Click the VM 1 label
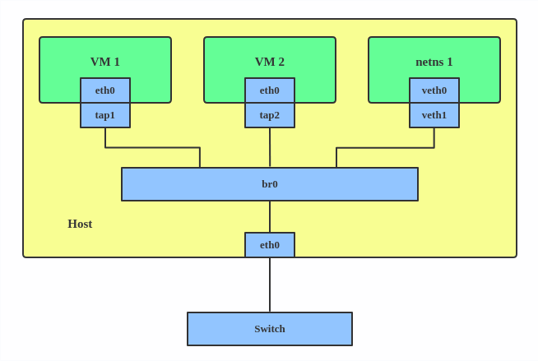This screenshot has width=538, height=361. (105, 62)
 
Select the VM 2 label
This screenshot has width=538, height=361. (270, 62)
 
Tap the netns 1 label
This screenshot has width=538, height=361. (434, 62)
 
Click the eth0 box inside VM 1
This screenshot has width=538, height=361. (105, 90)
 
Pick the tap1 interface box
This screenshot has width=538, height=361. (105, 115)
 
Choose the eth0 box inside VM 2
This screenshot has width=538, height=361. (270, 90)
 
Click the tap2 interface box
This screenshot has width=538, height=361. (270, 115)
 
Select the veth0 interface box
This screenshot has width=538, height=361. (434, 90)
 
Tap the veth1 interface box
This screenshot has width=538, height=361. (434, 115)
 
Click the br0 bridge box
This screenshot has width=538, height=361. (346, 184)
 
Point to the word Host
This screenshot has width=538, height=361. (80, 224)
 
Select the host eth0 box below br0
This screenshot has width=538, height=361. (270, 245)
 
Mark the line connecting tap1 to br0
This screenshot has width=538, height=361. (152, 148)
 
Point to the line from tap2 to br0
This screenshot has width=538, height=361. (270, 148)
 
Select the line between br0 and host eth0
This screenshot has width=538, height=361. (270, 216)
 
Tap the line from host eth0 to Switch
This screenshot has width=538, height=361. (270, 285)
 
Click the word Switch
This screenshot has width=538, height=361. (270, 329)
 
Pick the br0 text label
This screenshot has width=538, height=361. (270, 184)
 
